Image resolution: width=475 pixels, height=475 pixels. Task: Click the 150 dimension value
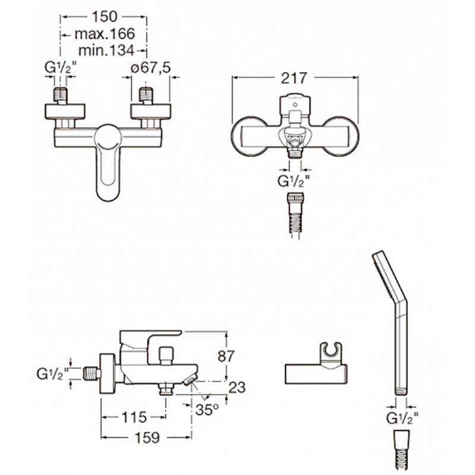click(104, 17)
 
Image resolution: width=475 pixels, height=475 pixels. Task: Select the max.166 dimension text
click(104, 34)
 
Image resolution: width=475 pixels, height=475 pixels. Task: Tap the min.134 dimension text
click(106, 50)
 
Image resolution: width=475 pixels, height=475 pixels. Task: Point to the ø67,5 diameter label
click(151, 68)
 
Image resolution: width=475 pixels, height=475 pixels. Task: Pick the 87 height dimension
click(226, 356)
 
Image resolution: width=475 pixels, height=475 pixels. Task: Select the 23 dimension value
click(237, 387)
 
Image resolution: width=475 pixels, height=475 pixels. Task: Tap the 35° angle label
click(207, 410)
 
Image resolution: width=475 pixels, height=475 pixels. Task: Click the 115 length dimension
click(134, 418)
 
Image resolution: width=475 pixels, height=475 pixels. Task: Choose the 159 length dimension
click(147, 438)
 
